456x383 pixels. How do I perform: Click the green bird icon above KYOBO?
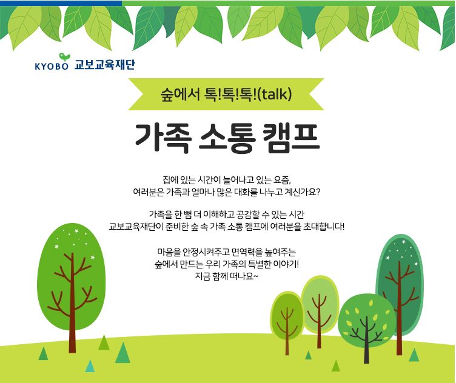(64, 56)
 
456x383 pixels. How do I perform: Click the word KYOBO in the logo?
(52, 66)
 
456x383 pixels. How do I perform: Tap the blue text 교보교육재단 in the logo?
(105, 64)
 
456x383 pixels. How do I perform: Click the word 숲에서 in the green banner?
(179, 95)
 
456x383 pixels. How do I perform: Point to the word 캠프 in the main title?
(291, 138)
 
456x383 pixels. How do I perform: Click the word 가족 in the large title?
(163, 138)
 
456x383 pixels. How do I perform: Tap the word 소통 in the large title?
(227, 138)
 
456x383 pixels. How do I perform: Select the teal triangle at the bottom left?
(90, 366)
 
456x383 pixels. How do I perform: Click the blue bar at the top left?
(61, 3)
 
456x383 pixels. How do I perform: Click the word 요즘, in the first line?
(282, 180)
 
